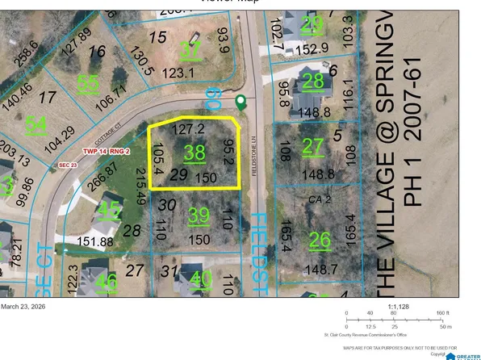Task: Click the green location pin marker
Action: [240, 102]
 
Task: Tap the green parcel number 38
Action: [194, 152]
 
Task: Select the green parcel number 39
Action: [198, 216]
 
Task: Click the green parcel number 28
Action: [313, 81]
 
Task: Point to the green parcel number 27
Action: [312, 146]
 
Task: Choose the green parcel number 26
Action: [320, 239]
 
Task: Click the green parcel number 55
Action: [89, 83]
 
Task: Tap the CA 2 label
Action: [321, 196]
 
